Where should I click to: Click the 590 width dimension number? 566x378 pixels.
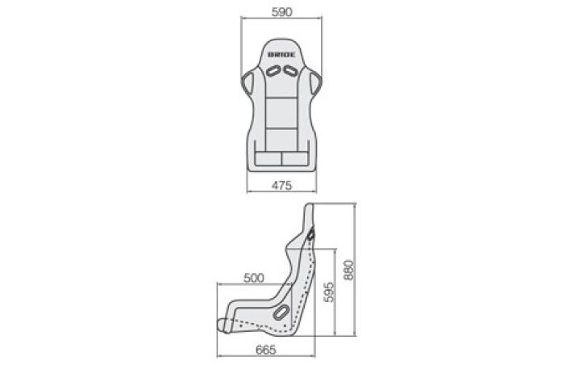tap(281, 12)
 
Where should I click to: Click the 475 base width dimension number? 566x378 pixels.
tap(281, 186)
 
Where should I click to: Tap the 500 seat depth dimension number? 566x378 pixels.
tap(254, 278)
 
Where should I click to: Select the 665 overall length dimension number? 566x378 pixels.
tap(266, 351)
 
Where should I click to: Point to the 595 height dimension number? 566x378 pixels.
tap(329, 292)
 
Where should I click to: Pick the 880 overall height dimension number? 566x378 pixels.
tap(349, 270)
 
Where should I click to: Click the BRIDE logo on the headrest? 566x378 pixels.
tap(281, 55)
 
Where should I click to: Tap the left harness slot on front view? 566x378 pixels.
tap(273, 71)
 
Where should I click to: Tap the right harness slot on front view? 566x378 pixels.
tap(290, 71)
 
